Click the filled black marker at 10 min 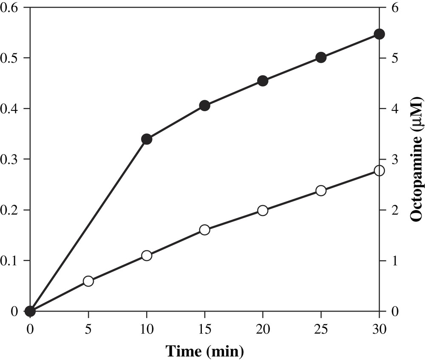coord(147,139)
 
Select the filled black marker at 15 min coord(204,106)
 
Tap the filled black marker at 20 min coord(263,81)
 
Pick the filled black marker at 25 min coord(321,58)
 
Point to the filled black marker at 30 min coord(379,34)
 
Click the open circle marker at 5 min coord(88,281)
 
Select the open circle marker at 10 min coord(147,256)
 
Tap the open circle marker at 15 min coord(204,230)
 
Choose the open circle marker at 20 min coord(263,211)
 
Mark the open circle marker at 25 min coord(321,191)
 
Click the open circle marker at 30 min coord(379,171)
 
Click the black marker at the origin coord(30,311)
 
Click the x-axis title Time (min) coord(204,351)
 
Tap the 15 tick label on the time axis coord(204,329)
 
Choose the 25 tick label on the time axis coord(321,329)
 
